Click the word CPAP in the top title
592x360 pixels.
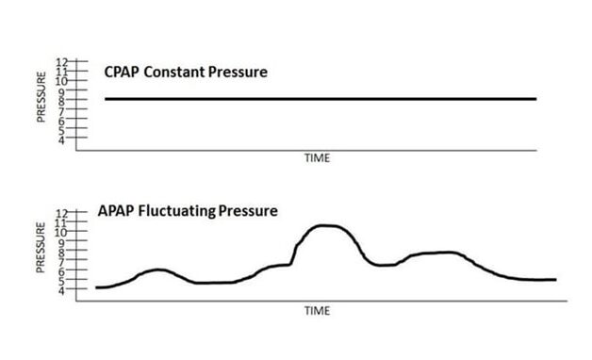click(122, 73)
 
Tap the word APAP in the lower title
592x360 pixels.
click(115, 210)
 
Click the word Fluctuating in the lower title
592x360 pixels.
click(175, 210)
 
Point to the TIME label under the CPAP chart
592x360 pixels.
click(317, 158)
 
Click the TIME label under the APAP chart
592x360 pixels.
click(317, 309)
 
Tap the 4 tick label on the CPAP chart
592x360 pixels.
click(63, 139)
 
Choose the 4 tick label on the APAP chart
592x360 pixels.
click(63, 290)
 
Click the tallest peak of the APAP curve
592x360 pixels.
click(326, 225)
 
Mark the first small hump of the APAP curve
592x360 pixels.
click(158, 270)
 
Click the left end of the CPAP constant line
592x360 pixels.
click(107, 99)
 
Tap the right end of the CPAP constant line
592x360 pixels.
click(535, 99)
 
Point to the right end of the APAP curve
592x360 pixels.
click(554, 279)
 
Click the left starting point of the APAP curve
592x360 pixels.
click(98, 286)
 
